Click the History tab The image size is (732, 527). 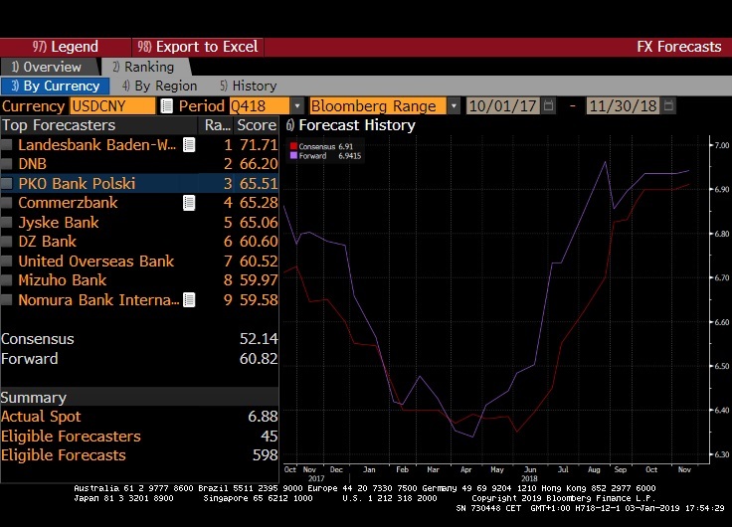[248, 86]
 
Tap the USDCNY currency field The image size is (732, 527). [112, 105]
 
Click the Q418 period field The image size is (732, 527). [259, 105]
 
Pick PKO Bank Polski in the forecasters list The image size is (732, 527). [77, 183]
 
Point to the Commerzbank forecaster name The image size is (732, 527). [68, 203]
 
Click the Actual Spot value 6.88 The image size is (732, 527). [262, 417]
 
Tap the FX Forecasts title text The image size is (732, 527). [678, 47]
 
